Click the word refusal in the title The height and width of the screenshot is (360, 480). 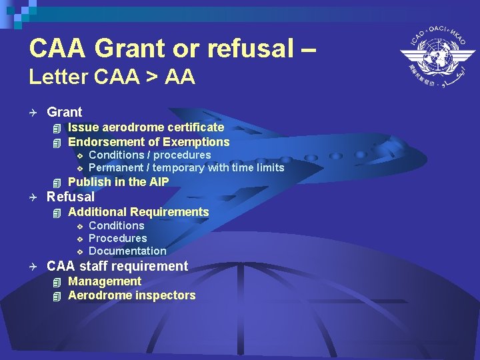click(246, 48)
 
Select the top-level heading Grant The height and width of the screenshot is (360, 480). click(64, 112)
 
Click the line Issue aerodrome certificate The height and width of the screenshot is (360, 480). click(146, 127)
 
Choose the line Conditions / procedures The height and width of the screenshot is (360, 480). click(149, 155)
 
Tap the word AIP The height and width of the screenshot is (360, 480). click(159, 181)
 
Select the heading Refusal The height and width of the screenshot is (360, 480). click(71, 197)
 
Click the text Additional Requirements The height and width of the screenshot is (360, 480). click(139, 212)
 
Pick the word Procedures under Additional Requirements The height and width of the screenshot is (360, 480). click(117, 238)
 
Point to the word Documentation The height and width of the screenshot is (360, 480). click(127, 251)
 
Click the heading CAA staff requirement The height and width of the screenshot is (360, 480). click(117, 266)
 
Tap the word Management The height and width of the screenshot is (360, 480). click(105, 281)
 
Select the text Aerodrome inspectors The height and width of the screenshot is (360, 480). click(132, 295)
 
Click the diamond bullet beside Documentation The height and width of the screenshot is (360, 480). click(79, 251)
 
